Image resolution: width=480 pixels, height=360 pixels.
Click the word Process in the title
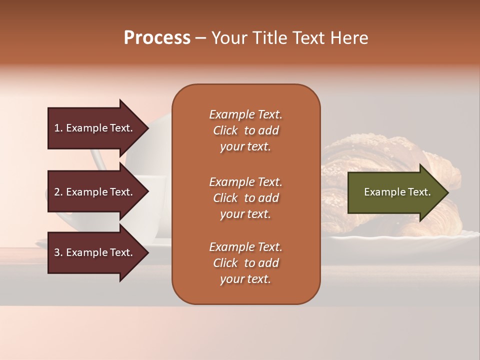click(x=157, y=38)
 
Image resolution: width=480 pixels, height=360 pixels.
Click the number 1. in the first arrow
click(x=58, y=128)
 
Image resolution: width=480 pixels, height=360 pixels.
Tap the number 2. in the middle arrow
click(x=59, y=192)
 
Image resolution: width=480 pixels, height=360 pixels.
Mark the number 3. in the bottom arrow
click(x=59, y=252)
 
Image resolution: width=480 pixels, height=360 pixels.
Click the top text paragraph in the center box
click(x=245, y=130)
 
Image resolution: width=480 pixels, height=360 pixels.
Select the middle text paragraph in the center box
click(x=245, y=198)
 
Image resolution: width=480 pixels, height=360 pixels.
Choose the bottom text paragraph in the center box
click(x=245, y=263)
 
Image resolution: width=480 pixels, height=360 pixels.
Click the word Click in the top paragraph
click(x=225, y=130)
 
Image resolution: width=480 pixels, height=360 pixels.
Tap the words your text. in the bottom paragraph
click(x=245, y=279)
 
